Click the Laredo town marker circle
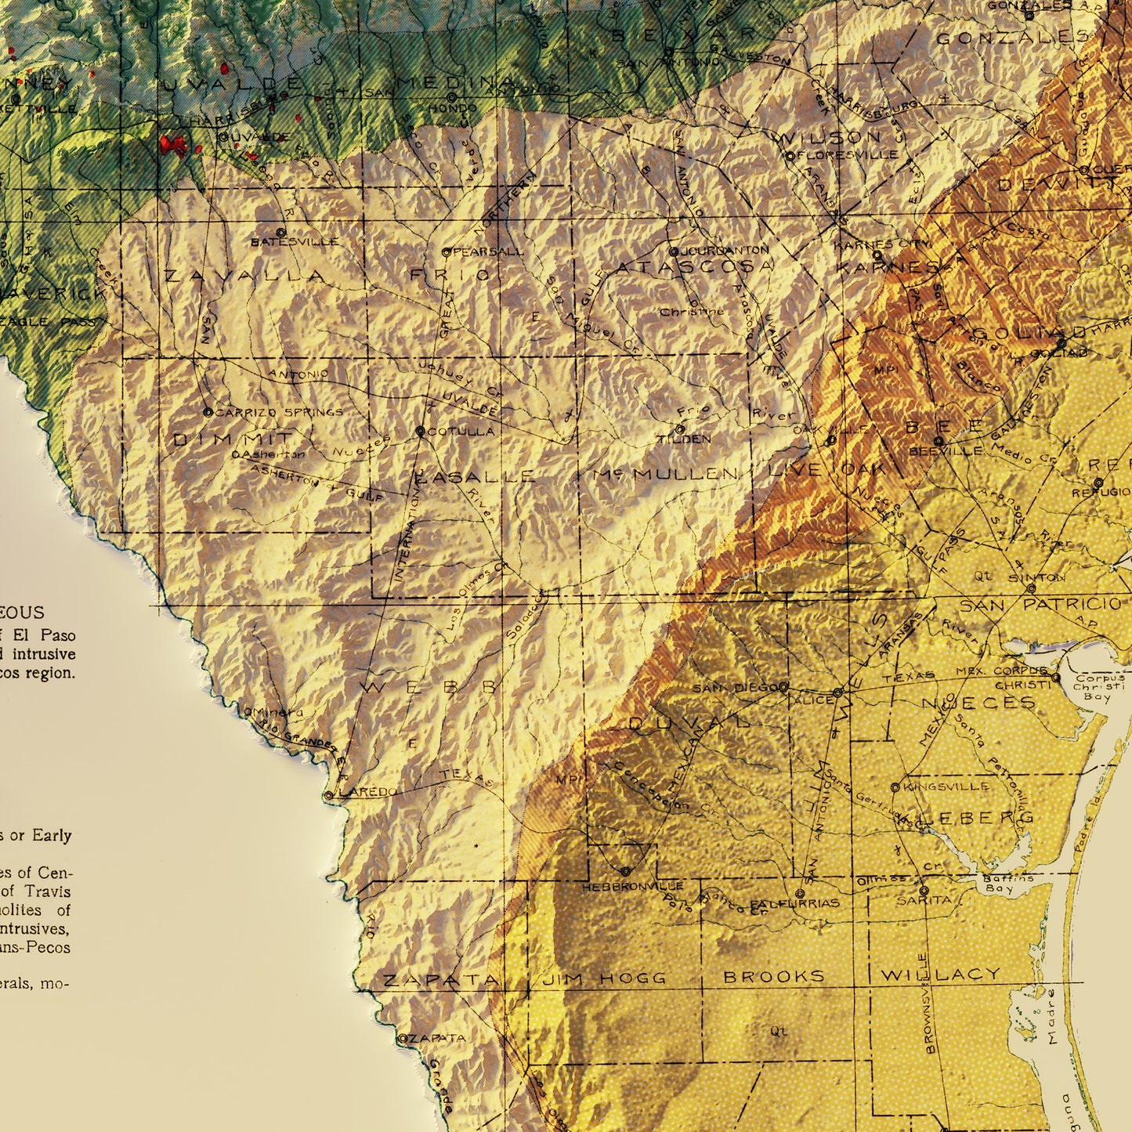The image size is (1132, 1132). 329,796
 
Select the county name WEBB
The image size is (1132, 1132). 429,687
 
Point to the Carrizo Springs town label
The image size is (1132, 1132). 279,412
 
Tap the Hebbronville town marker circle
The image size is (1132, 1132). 624,871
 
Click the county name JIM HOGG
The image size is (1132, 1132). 604,978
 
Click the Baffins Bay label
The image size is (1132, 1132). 1000,884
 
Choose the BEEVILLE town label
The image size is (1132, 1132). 946,452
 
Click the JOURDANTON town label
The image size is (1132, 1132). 725,251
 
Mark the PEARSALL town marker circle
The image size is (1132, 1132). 446,252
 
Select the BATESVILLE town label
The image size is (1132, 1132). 295,243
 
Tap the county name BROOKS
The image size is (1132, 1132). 774,977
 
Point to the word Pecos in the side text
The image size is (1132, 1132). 49,947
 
